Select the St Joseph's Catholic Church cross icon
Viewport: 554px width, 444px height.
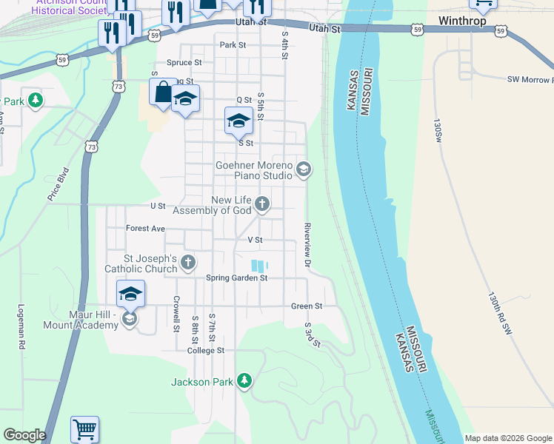(189, 262)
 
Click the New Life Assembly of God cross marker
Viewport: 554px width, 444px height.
(261, 203)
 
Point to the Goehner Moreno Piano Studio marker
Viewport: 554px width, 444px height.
(303, 170)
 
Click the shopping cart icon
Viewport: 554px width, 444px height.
(84, 428)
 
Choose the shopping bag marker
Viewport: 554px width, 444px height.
(163, 93)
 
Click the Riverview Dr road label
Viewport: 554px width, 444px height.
(306, 245)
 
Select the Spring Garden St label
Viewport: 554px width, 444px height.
(236, 278)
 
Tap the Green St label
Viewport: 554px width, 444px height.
(307, 306)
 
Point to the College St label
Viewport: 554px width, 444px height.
(205, 350)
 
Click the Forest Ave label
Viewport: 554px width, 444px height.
(145, 229)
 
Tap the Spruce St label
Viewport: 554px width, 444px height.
(184, 63)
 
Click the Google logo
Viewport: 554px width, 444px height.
(24, 435)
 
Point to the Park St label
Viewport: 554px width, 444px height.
(232, 45)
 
